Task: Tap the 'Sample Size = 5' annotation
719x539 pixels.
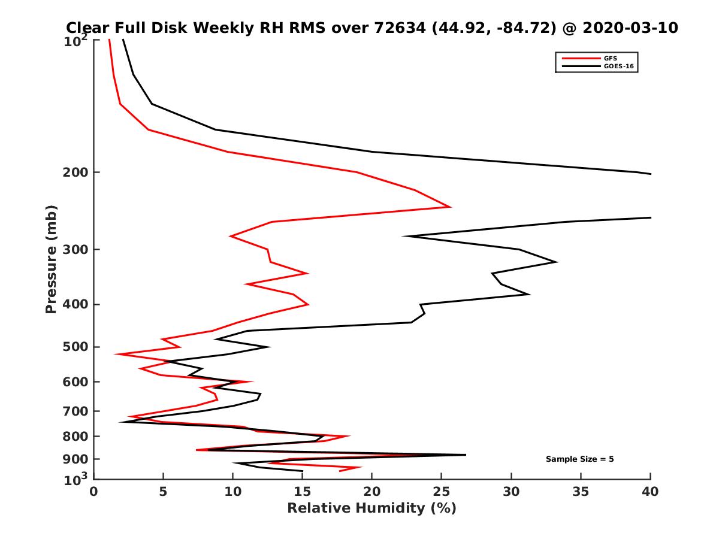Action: [x=579, y=459]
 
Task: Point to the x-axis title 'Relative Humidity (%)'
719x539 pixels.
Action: [x=371, y=508]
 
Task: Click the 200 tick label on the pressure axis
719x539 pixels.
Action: [x=74, y=172]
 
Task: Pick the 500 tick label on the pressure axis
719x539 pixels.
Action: [x=74, y=347]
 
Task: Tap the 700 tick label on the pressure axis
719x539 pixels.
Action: [x=74, y=411]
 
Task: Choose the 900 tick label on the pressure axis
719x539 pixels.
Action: [x=74, y=459]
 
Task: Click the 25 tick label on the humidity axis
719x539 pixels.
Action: [x=442, y=492]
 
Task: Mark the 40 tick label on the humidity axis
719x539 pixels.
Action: [x=650, y=492]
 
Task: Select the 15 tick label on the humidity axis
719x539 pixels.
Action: [x=303, y=492]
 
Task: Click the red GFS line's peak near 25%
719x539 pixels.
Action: [x=450, y=207]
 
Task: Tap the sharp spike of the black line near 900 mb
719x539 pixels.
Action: [x=465, y=455]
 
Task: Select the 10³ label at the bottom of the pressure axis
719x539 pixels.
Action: [x=77, y=479]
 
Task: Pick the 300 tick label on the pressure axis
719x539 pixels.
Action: [x=74, y=249]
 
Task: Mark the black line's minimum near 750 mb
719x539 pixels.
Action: [x=120, y=422]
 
